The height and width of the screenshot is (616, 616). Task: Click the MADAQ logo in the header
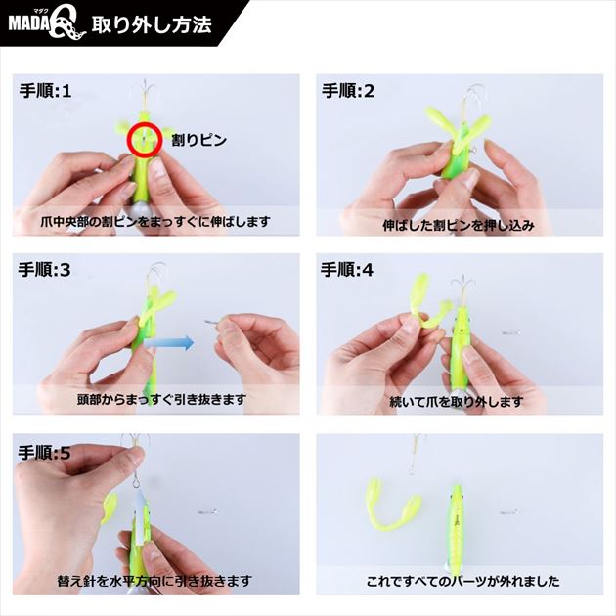(x=47, y=25)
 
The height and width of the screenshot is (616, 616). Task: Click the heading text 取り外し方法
(x=152, y=24)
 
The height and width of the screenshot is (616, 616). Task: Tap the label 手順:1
(x=46, y=91)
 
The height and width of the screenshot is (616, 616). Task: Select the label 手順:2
(x=348, y=91)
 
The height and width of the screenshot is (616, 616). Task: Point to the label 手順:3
(x=44, y=270)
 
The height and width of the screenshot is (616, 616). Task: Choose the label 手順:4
(x=347, y=270)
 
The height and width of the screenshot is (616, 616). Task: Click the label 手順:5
(x=44, y=453)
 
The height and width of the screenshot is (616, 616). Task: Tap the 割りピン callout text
(x=198, y=140)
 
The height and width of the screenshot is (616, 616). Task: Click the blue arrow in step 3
(x=169, y=343)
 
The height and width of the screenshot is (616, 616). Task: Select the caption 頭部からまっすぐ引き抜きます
(x=161, y=400)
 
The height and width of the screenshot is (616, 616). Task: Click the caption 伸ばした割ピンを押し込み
(x=459, y=225)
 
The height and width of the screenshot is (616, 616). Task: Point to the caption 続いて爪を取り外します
(x=457, y=402)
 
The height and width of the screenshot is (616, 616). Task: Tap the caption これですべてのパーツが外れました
(x=463, y=581)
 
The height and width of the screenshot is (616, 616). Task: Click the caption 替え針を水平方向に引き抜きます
(x=154, y=580)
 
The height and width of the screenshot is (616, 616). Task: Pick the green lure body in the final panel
(x=456, y=526)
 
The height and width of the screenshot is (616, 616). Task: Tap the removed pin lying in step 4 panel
(x=511, y=333)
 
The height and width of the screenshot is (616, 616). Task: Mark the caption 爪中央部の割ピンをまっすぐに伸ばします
(x=155, y=222)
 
